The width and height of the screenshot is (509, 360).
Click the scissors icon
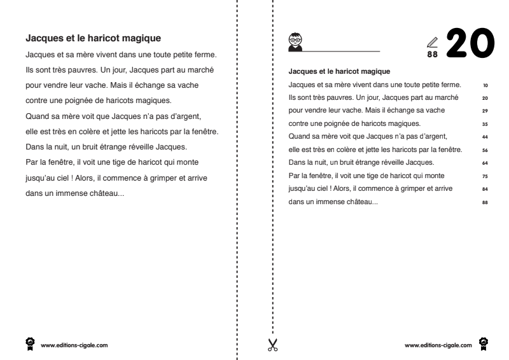[273, 345]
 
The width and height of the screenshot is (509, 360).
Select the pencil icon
[433, 42]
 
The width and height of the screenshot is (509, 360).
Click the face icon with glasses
[295, 40]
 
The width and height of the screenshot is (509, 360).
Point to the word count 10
[485, 84]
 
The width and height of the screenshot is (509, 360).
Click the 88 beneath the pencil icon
[433, 55]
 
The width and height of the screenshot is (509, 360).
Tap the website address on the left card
[69, 345]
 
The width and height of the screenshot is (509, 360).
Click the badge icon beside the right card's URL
[484, 343]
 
